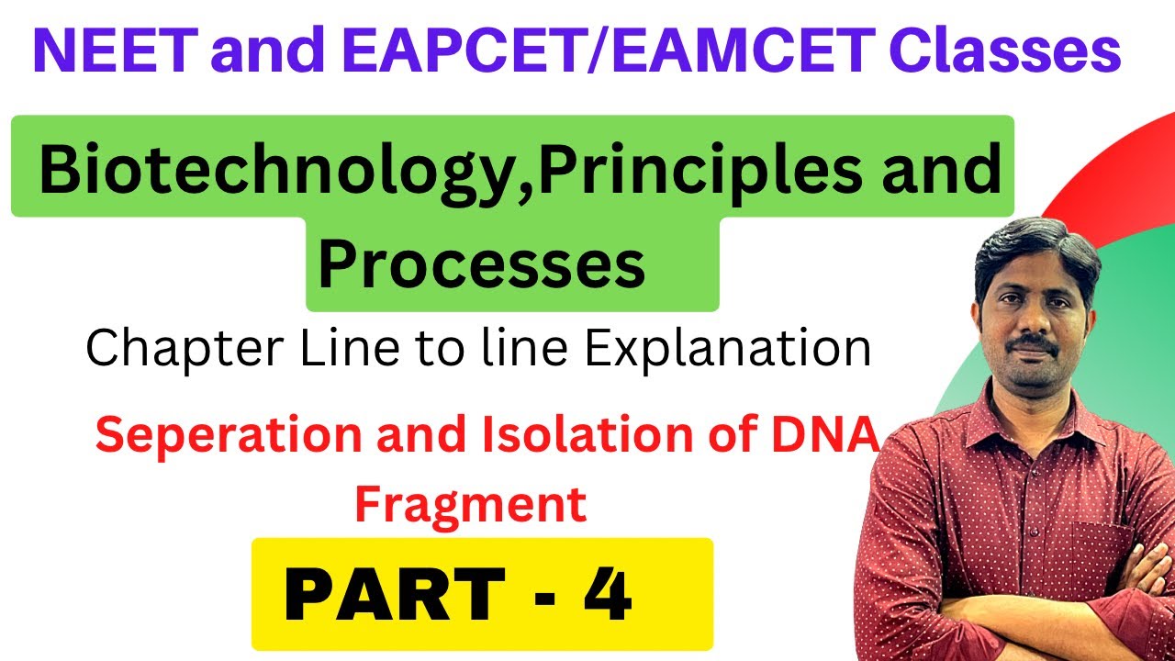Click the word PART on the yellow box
395,596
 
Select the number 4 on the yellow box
605,594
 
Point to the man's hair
1033,243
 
